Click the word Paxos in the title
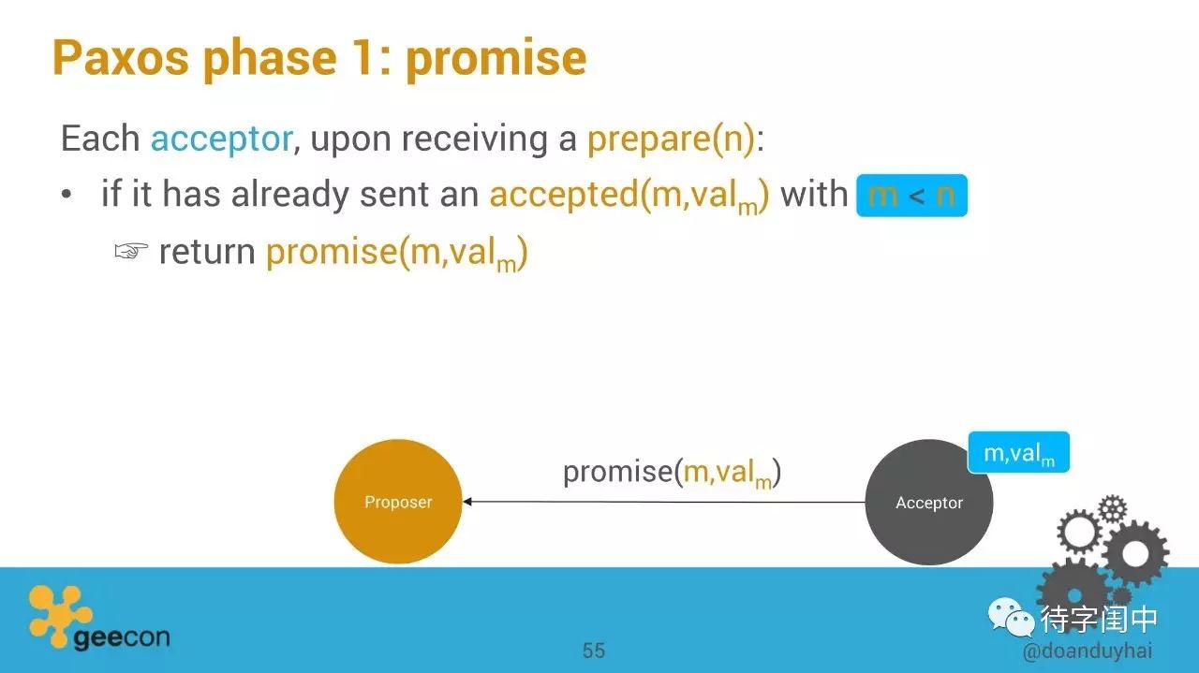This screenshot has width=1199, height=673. [121, 58]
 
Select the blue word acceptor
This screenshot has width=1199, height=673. [222, 139]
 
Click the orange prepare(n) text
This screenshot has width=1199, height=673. [672, 139]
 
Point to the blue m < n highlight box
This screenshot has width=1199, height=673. [911, 196]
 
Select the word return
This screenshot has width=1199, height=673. [207, 252]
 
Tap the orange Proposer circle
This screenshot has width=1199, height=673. [398, 502]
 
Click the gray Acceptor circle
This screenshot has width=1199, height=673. [928, 502]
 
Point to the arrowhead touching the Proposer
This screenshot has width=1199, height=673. [466, 502]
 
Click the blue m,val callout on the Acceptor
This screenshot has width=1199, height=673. [1018, 453]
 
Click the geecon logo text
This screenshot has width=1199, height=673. [122, 637]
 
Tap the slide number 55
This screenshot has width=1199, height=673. [594, 651]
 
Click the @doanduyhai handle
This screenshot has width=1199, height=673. [1088, 651]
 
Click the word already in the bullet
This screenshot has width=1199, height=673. [290, 195]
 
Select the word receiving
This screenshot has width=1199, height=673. [475, 140]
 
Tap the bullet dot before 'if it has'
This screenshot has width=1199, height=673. [66, 195]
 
